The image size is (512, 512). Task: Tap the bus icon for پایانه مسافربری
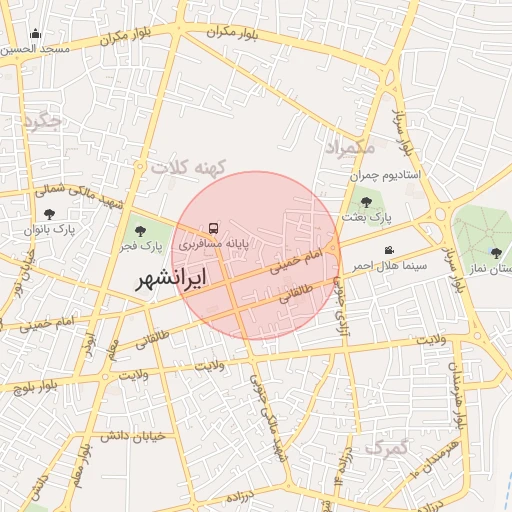212,227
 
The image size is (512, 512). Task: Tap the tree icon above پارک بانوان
50,213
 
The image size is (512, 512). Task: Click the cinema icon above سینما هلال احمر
389,250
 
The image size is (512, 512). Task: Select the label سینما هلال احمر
389,265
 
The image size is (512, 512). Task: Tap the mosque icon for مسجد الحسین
36,33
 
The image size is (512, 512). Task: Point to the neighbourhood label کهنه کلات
190,167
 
